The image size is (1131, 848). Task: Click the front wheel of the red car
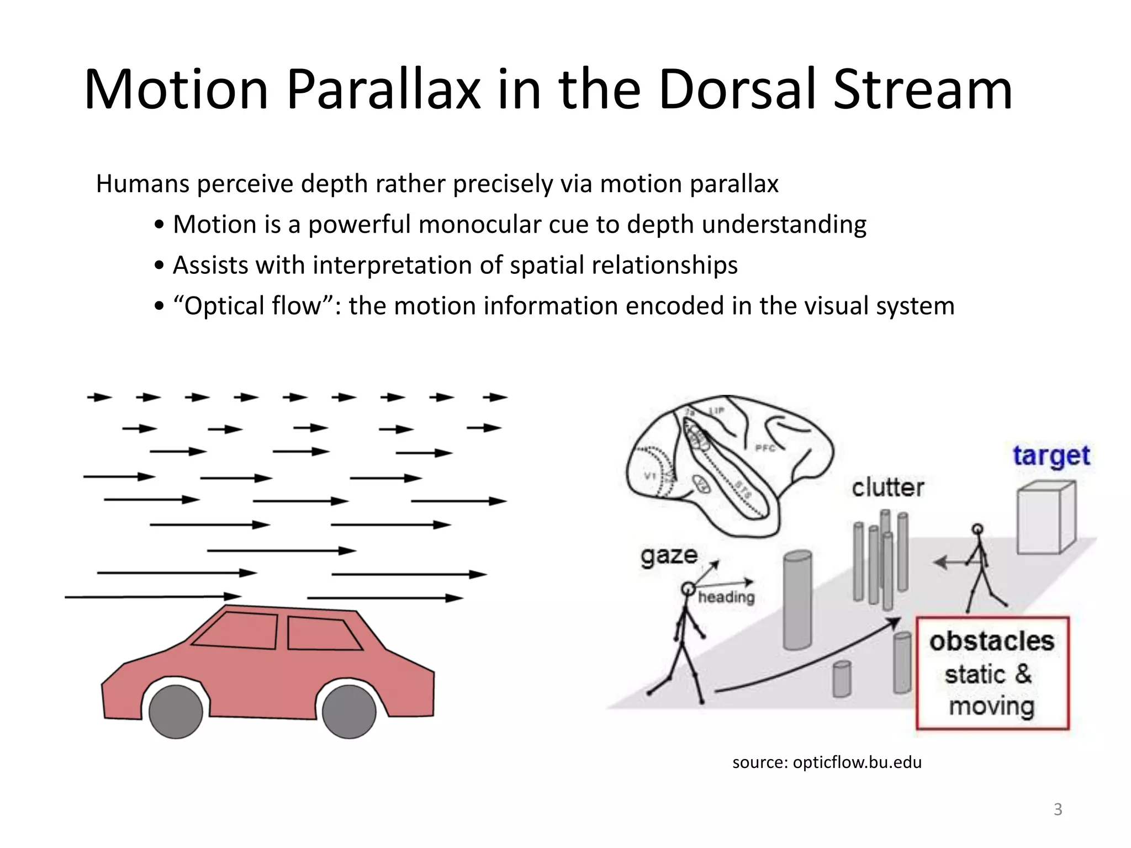coord(348,712)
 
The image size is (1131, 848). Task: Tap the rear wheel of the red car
coord(176,712)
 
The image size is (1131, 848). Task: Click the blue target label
coord(1051,457)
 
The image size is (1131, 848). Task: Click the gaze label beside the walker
coord(669,555)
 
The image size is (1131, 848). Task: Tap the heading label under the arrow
coord(726,597)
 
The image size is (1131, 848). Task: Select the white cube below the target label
coord(1045,519)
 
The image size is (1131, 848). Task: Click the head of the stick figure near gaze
coord(688,589)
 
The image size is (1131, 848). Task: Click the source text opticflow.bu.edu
coord(827,762)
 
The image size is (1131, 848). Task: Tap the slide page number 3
coord(1058,809)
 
